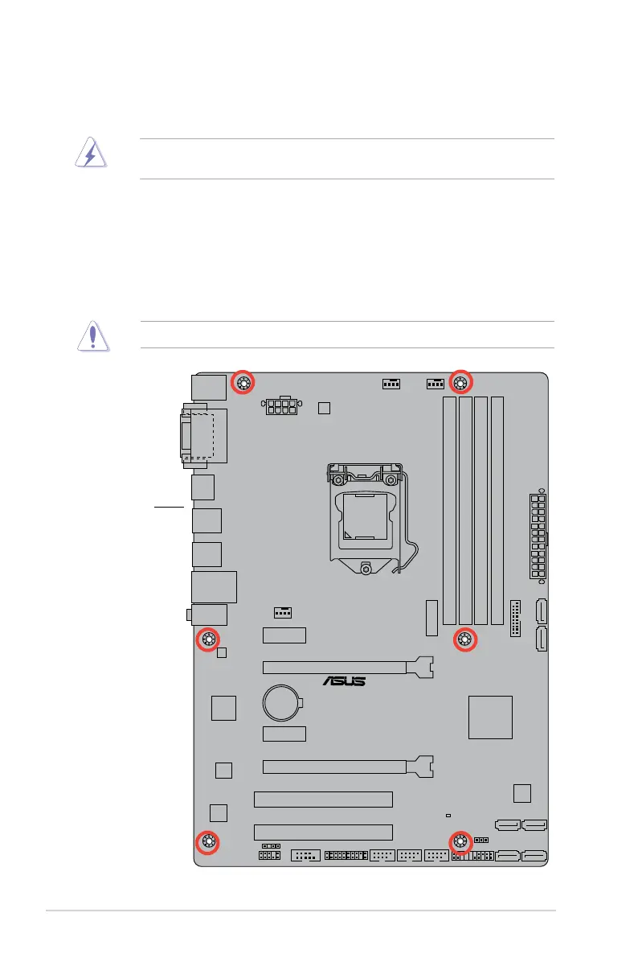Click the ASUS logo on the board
point(344,681)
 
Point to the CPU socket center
point(366,514)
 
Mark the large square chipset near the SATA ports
point(490,717)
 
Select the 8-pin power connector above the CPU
point(279,407)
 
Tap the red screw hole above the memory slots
point(460,382)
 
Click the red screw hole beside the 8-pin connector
point(243,383)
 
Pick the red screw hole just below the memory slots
point(464,640)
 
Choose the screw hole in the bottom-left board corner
point(208,842)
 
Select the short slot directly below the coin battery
point(284,734)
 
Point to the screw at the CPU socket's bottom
point(366,569)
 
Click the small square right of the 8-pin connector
point(324,408)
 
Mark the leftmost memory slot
point(448,511)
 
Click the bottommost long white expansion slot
point(323,832)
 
